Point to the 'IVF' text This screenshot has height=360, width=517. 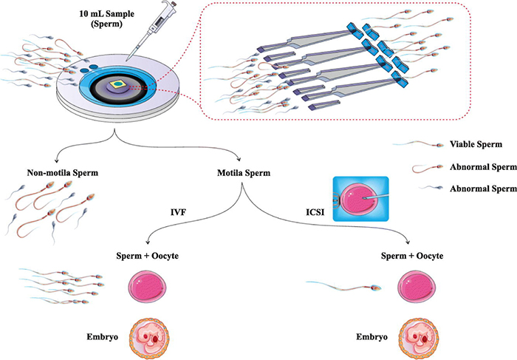tap(177, 214)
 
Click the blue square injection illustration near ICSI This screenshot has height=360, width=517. tap(359, 198)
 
